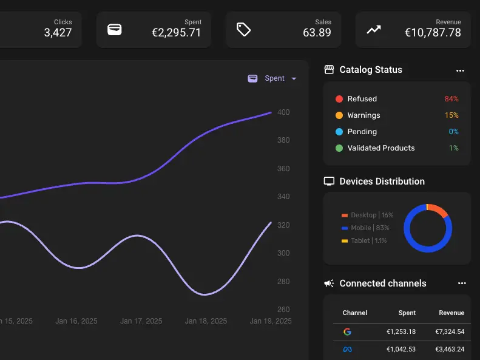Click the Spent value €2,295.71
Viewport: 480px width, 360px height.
pyautogui.click(x=176, y=33)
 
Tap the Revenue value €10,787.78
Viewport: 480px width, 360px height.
pyautogui.click(x=433, y=33)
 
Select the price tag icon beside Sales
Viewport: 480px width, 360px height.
pyautogui.click(x=243, y=29)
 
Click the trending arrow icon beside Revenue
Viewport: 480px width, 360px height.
pyautogui.click(x=373, y=29)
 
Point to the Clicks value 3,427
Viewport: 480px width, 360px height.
pyautogui.click(x=58, y=33)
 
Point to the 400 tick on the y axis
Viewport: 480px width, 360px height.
pyautogui.click(x=283, y=112)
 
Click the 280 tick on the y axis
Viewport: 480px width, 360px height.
pyautogui.click(x=283, y=282)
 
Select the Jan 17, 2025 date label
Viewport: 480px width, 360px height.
pyautogui.click(x=141, y=321)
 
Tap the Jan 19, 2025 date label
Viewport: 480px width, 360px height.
pyautogui.click(x=271, y=321)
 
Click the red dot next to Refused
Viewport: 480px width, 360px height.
pyautogui.click(x=339, y=99)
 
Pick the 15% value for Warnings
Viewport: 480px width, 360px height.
pyautogui.click(x=451, y=115)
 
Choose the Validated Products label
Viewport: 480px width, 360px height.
pyautogui.click(x=381, y=148)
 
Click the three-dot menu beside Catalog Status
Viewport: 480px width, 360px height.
pyautogui.click(x=460, y=70)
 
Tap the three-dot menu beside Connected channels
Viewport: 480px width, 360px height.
pyautogui.click(x=462, y=284)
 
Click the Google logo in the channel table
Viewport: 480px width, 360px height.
pyautogui.click(x=347, y=332)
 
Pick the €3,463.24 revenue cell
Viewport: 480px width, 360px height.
pyautogui.click(x=450, y=350)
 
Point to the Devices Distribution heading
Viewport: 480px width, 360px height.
pyautogui.click(x=382, y=182)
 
